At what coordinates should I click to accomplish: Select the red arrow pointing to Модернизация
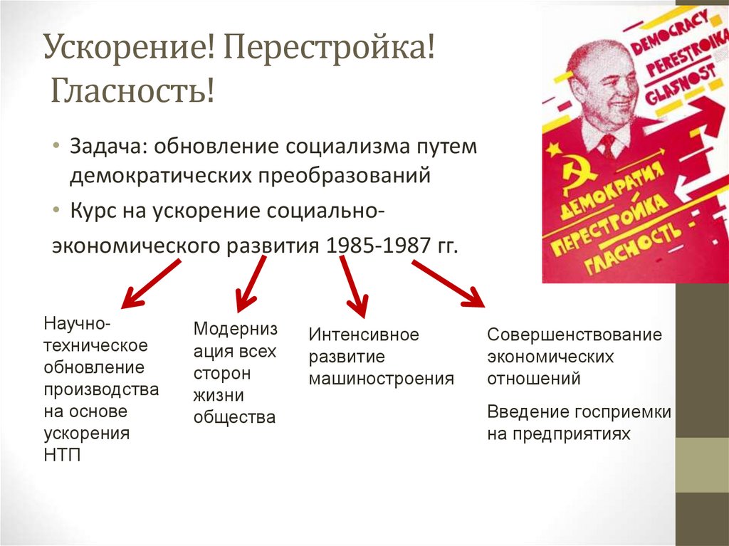coord(251,281)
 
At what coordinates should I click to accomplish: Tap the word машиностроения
coord(381,378)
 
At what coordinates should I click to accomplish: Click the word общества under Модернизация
coord(234,417)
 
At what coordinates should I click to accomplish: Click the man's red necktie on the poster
coord(607,146)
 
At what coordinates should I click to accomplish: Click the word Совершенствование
coord(575,335)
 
